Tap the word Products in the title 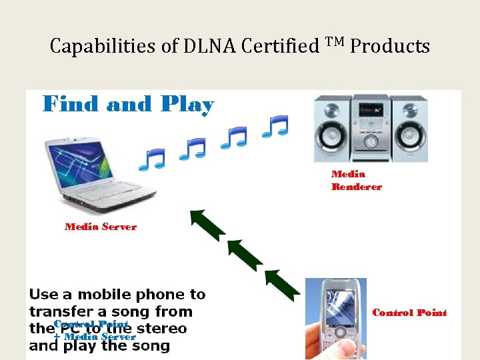[390, 47]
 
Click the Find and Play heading [128, 105]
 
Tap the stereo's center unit [371, 127]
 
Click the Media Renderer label [356, 180]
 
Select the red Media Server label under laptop [100, 227]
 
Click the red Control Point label [409, 313]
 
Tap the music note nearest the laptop [151, 159]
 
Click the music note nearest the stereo [275, 126]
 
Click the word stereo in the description [161, 329]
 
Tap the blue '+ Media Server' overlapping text [94, 337]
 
